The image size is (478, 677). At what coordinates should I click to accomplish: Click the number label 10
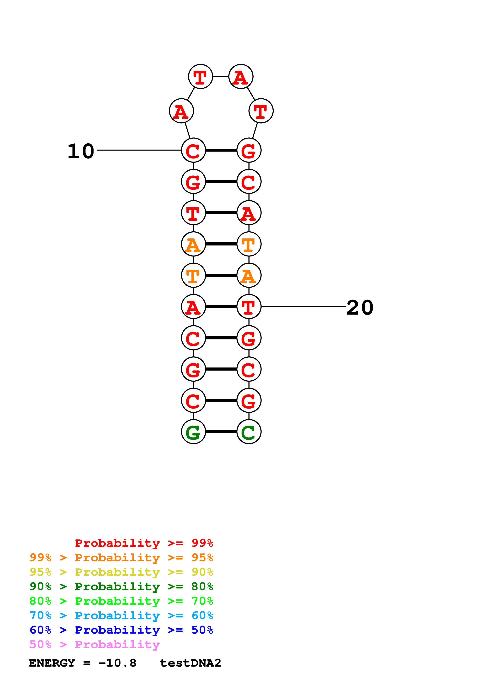point(81,151)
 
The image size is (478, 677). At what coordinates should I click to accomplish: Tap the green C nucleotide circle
point(249,432)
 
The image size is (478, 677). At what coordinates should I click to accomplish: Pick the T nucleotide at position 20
point(249,307)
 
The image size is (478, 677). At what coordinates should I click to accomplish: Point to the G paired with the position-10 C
point(249,150)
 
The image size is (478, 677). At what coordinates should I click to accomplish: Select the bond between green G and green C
point(221,432)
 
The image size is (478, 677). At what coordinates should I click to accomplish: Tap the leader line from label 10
point(138,150)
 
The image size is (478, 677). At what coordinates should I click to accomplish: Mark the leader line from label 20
point(303,307)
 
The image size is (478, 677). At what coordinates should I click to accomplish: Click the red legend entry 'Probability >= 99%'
point(144,543)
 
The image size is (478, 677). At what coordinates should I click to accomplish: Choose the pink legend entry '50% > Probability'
point(94,645)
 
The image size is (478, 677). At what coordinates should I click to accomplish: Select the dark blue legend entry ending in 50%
point(121,630)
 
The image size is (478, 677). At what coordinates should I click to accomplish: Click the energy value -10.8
point(117,663)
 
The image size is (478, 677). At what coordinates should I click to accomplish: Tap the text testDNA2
point(190,663)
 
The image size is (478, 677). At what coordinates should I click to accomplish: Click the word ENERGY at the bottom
point(52,663)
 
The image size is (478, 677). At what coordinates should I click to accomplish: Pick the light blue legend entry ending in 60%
point(121,616)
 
